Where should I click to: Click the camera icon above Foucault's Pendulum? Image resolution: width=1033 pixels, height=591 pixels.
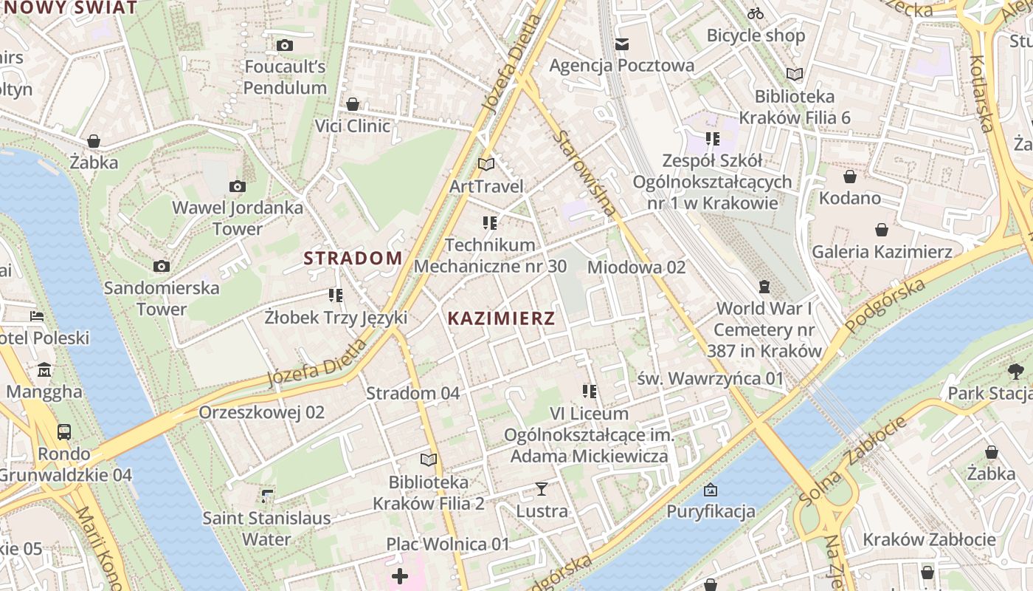(x=285, y=46)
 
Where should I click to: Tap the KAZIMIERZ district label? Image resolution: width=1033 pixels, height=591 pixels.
(x=501, y=318)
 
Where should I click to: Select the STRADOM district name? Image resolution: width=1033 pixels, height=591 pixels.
(x=353, y=258)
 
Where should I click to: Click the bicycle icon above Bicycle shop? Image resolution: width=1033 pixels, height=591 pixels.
(x=756, y=13)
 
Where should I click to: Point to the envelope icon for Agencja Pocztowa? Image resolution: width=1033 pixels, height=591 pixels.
(x=622, y=44)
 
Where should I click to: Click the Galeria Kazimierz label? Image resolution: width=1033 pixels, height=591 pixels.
(x=882, y=252)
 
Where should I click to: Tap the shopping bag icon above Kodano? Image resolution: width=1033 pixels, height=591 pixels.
(x=850, y=177)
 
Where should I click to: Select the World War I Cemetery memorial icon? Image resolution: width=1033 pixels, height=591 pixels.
(x=764, y=287)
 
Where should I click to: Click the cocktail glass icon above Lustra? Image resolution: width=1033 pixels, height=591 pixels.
(x=542, y=489)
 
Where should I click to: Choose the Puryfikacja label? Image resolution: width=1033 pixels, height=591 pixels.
(x=711, y=511)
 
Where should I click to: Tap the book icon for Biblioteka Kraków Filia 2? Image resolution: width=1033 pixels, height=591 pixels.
(x=429, y=460)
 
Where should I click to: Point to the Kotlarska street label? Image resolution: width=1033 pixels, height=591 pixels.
(x=983, y=93)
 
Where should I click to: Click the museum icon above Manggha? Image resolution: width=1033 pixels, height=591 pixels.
(x=44, y=369)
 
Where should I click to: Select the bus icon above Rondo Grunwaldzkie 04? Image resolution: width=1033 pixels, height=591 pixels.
(x=64, y=431)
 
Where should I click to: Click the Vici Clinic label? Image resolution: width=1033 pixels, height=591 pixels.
(x=353, y=126)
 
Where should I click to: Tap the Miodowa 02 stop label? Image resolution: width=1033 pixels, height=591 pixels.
(x=636, y=267)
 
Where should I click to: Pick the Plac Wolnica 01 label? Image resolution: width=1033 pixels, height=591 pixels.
(x=448, y=544)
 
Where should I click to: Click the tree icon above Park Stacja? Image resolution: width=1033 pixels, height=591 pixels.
(x=1015, y=371)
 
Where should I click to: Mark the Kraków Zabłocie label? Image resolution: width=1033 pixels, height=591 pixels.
(x=929, y=539)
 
